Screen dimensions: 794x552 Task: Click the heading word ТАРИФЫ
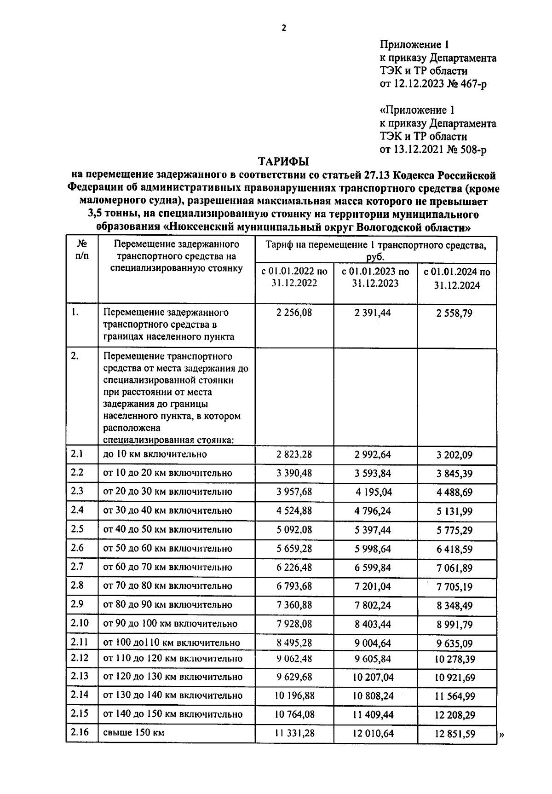point(283,162)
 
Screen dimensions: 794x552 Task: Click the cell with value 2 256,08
point(294,313)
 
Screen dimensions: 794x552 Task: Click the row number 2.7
point(77,567)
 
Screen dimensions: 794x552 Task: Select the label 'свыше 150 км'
point(133,732)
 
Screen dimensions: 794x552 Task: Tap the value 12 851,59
point(454,734)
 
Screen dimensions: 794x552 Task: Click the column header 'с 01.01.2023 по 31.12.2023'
point(375,278)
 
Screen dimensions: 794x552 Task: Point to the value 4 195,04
point(374,492)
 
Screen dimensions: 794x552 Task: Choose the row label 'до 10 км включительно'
point(155,454)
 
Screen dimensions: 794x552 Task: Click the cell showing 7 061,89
point(454,568)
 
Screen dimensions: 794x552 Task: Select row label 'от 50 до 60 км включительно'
point(167,549)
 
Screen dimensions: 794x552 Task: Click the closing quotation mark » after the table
point(501,736)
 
